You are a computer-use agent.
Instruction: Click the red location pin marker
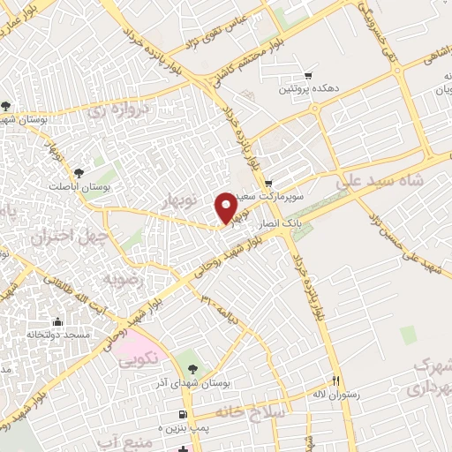click(x=225, y=207)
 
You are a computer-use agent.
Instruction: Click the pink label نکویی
click(x=137, y=358)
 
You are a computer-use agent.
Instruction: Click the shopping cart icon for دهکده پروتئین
click(x=307, y=75)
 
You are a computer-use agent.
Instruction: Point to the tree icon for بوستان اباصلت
click(x=79, y=173)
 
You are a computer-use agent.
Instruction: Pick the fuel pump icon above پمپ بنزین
click(x=182, y=413)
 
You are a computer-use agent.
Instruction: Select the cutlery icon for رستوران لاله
click(x=335, y=380)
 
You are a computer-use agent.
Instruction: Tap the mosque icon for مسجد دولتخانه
click(x=58, y=321)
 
